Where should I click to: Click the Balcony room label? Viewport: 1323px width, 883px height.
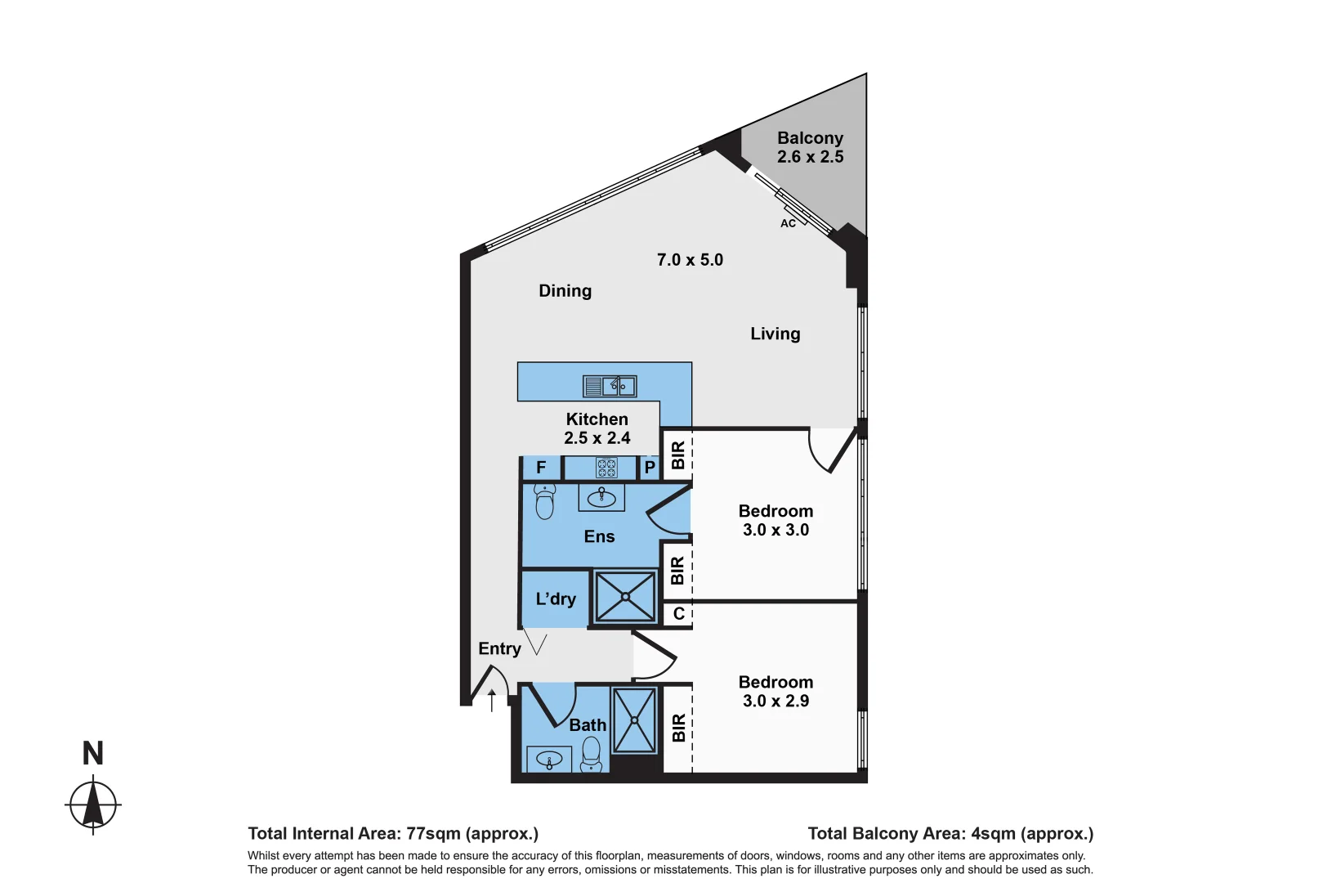coord(810,138)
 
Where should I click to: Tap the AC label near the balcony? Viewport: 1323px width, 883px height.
coord(788,223)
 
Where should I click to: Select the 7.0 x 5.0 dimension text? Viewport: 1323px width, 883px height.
coord(690,260)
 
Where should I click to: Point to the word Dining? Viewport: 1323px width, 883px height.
coord(565,291)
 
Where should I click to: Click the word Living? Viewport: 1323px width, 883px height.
coord(775,334)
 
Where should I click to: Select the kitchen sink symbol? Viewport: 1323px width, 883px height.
coord(610,385)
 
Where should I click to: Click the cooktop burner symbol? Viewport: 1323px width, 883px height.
coord(606,468)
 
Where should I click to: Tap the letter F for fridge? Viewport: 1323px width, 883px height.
coord(541,468)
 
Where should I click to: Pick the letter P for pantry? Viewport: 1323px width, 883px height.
coord(650,468)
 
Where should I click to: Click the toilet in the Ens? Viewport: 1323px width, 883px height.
coord(544,501)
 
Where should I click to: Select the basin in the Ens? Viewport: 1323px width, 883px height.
coord(601,497)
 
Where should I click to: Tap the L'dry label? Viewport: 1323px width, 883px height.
coord(556,599)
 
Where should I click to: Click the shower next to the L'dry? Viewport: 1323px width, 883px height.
coord(625,597)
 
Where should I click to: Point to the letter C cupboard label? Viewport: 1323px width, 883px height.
coord(678,614)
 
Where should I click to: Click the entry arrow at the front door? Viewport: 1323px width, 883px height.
coord(491,700)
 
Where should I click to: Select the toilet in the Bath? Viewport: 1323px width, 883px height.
coord(591,754)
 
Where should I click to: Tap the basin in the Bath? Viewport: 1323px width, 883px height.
coord(549,760)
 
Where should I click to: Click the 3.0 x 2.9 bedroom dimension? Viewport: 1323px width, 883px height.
coord(775,701)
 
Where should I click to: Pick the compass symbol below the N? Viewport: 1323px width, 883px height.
coord(93,805)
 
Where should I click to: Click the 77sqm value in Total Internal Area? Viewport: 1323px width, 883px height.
coord(433,834)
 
